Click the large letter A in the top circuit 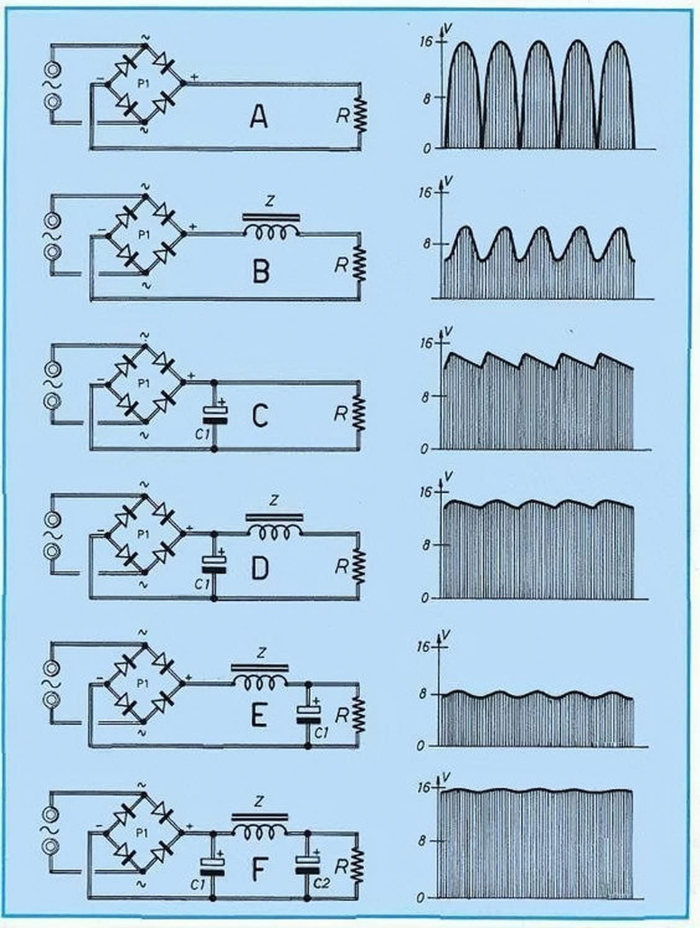[x=259, y=117]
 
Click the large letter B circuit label [x=261, y=270]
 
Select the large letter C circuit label [x=260, y=415]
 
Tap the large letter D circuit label [x=259, y=568]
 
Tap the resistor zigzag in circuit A [x=359, y=114]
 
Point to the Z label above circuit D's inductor [x=275, y=501]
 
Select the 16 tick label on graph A [x=425, y=42]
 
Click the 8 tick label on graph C [x=424, y=396]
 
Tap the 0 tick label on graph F [x=422, y=897]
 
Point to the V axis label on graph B [x=449, y=180]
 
